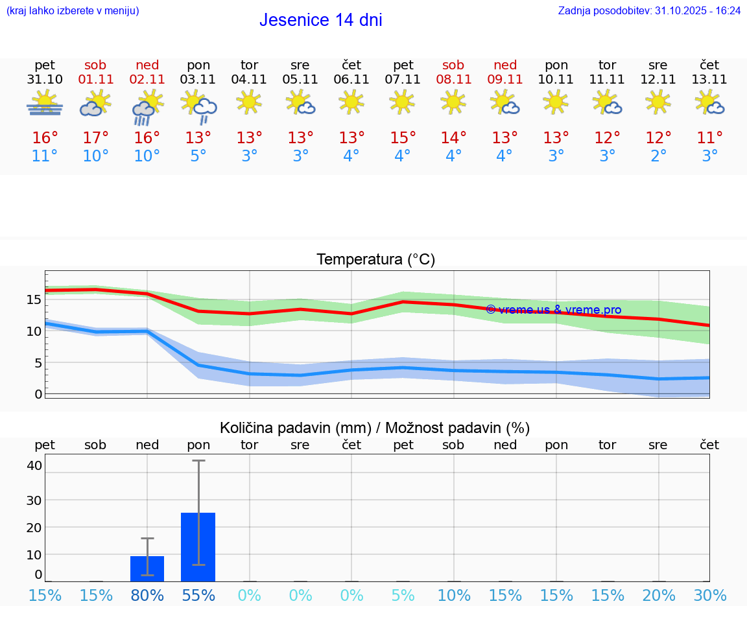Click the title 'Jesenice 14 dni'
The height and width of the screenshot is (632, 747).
pos(320,20)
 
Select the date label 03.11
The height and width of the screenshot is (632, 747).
pos(198,79)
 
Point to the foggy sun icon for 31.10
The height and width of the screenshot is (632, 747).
pos(45,104)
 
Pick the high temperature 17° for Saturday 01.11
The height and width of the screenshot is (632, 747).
pos(95,137)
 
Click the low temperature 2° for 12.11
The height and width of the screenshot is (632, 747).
pos(658,156)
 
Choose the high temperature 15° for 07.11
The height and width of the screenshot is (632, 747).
pos(403,137)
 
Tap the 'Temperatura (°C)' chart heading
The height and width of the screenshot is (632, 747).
pos(375,260)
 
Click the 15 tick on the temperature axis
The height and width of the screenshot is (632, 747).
pos(34,299)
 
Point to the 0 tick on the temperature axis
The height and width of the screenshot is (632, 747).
pos(38,394)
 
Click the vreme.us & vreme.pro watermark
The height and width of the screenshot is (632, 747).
pos(554,310)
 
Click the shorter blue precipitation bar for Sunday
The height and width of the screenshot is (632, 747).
pos(147,568)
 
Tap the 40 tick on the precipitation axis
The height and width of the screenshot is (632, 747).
pos(34,465)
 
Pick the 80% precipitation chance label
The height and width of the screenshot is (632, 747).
pos(147,595)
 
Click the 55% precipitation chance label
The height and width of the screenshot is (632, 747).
pos(198,595)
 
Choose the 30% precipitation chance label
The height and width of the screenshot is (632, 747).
pos(709,595)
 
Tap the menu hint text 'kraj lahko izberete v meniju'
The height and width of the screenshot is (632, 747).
pos(73,11)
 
